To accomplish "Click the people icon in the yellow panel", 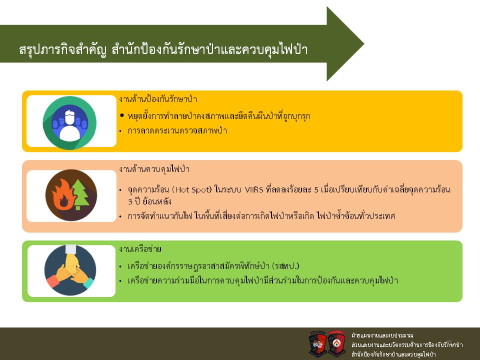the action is [x=69, y=123].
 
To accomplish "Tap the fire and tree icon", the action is [x=71, y=195].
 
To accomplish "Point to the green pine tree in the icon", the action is [x=79, y=194].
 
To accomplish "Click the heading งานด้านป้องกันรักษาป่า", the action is [x=158, y=99].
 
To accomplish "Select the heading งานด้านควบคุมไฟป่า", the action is [x=154, y=169].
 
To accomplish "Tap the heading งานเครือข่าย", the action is [x=140, y=249].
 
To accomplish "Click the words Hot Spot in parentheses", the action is [x=191, y=190].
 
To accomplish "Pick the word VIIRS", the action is [x=254, y=190].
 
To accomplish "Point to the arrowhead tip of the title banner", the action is [x=363, y=44].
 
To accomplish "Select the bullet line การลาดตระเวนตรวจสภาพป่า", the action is [x=177, y=130].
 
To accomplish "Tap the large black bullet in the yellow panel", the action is [x=122, y=115].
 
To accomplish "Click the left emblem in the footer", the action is [x=318, y=343].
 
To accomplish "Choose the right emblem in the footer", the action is [x=336, y=343].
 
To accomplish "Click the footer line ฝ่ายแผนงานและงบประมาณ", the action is [x=382, y=335].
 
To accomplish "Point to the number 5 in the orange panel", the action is [x=316, y=190].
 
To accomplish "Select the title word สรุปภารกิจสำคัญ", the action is [x=63, y=49].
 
